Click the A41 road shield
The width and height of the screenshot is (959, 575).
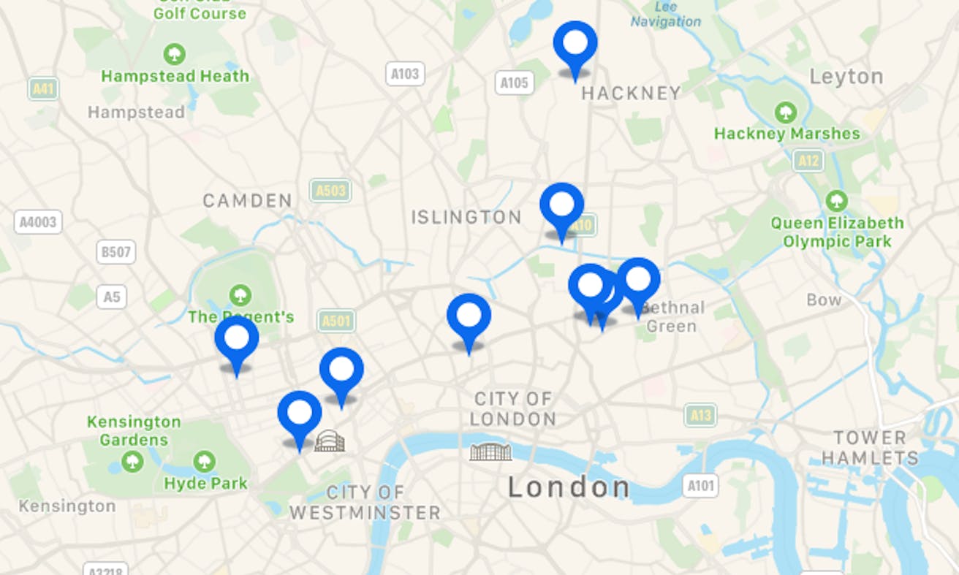pos(43,89)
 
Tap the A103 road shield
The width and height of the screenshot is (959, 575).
pos(405,74)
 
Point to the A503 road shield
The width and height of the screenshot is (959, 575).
pos(330,191)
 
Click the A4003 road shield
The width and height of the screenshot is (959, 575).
pos(38,222)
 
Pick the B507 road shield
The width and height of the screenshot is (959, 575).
pos(115,252)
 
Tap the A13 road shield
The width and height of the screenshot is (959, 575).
pos(700,416)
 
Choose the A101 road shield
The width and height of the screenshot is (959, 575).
pos(700,485)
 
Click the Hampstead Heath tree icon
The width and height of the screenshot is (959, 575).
pos(174,54)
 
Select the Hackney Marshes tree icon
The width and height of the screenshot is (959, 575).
pos(786,113)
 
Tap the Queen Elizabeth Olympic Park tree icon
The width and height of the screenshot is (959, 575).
pos(836,201)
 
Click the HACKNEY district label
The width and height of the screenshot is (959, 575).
pos(631,94)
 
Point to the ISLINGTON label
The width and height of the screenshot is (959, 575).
pos(466,217)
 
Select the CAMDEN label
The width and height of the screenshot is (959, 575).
pos(247,200)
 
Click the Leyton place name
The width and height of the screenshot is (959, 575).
pos(846,77)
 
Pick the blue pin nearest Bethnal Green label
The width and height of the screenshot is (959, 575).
pos(638,280)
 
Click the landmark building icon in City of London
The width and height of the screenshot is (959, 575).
pos(490,452)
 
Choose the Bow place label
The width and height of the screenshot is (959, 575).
pos(824,300)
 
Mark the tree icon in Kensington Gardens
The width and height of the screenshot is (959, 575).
pos(132,462)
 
